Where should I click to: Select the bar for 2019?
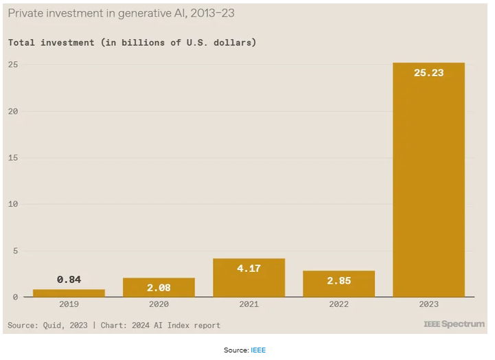pyautogui.click(x=69, y=293)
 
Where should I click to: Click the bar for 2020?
pyautogui.click(x=159, y=287)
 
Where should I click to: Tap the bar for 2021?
pyautogui.click(x=249, y=278)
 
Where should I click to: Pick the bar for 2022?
pyautogui.click(x=338, y=284)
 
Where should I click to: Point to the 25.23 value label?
pyautogui.click(x=428, y=72)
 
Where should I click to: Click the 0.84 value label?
pyautogui.click(x=69, y=280)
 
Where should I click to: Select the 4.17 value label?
pyautogui.click(x=249, y=269)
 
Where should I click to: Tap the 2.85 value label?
pyautogui.click(x=338, y=281)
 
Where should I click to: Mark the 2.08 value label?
pyautogui.click(x=159, y=288)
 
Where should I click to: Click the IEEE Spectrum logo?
pyautogui.click(x=454, y=324)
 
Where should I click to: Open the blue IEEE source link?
pyautogui.click(x=257, y=350)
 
